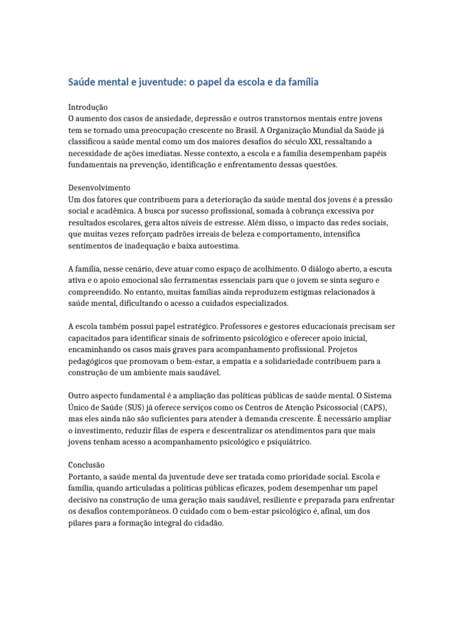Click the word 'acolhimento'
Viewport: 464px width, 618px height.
268,268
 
